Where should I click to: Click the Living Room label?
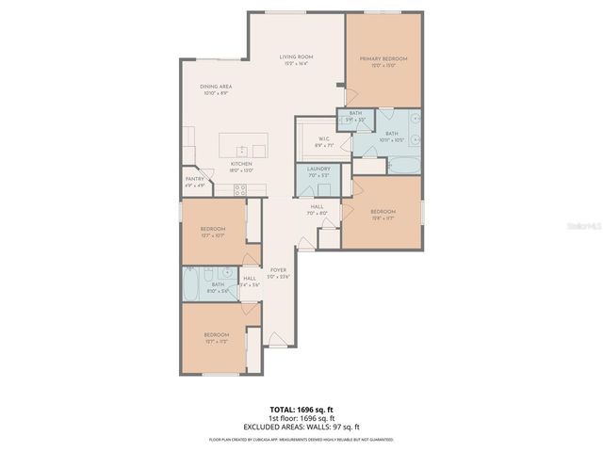(x=295, y=60)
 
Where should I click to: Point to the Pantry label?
(x=195, y=181)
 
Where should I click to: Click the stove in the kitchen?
(x=239, y=189)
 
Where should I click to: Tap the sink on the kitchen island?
(x=242, y=150)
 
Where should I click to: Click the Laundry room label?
(x=318, y=171)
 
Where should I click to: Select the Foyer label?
(x=279, y=273)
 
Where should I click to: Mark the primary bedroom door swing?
(x=351, y=97)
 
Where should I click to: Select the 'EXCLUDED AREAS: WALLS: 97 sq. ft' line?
(x=301, y=427)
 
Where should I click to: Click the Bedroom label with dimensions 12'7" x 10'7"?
(x=213, y=233)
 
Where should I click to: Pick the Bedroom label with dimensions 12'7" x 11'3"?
(x=217, y=338)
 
